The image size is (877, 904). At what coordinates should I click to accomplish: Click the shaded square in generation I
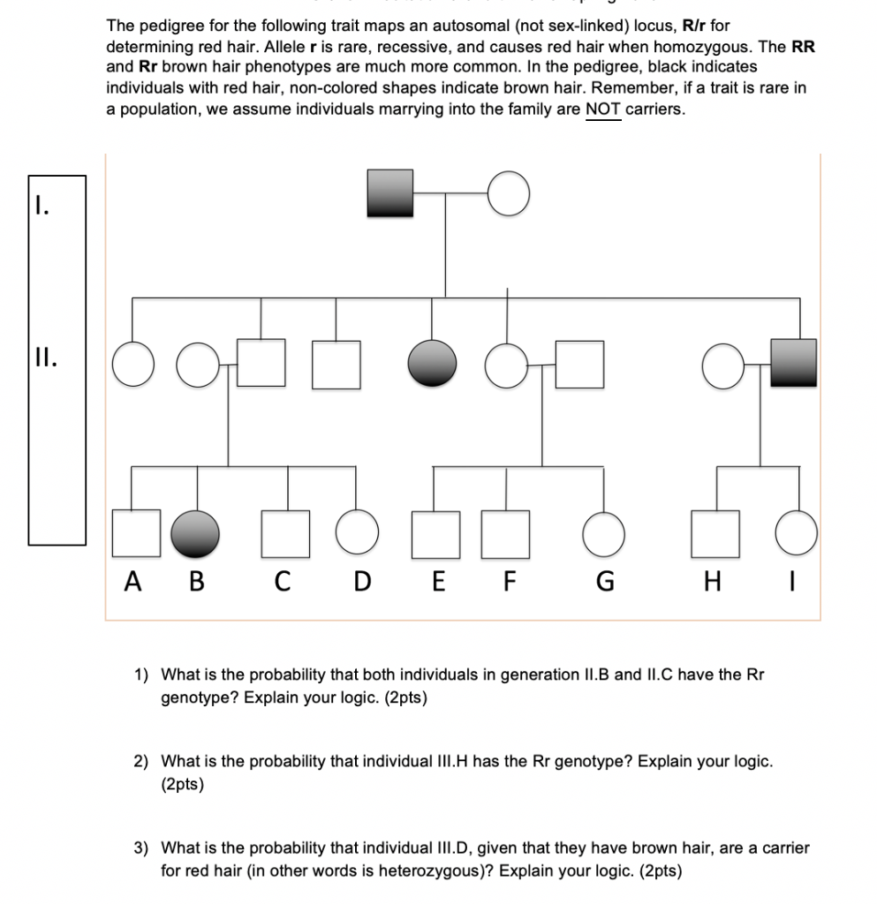pos(390,192)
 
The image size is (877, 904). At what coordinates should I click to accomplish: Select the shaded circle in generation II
pos(432,364)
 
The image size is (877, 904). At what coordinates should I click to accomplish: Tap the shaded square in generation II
pos(793,363)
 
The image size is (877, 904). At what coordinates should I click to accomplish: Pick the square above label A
pos(137,533)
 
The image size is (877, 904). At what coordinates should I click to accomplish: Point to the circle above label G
pos(605,534)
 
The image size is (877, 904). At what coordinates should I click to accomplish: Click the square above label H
pos(714,533)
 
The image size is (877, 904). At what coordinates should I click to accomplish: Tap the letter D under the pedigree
pos(362,583)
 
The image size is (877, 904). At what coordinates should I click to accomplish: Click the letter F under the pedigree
pos(508,583)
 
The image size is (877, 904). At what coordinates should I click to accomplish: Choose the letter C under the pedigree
pos(282,583)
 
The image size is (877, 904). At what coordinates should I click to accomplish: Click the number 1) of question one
pos(140,675)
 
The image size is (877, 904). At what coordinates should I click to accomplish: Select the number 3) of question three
pos(140,848)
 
